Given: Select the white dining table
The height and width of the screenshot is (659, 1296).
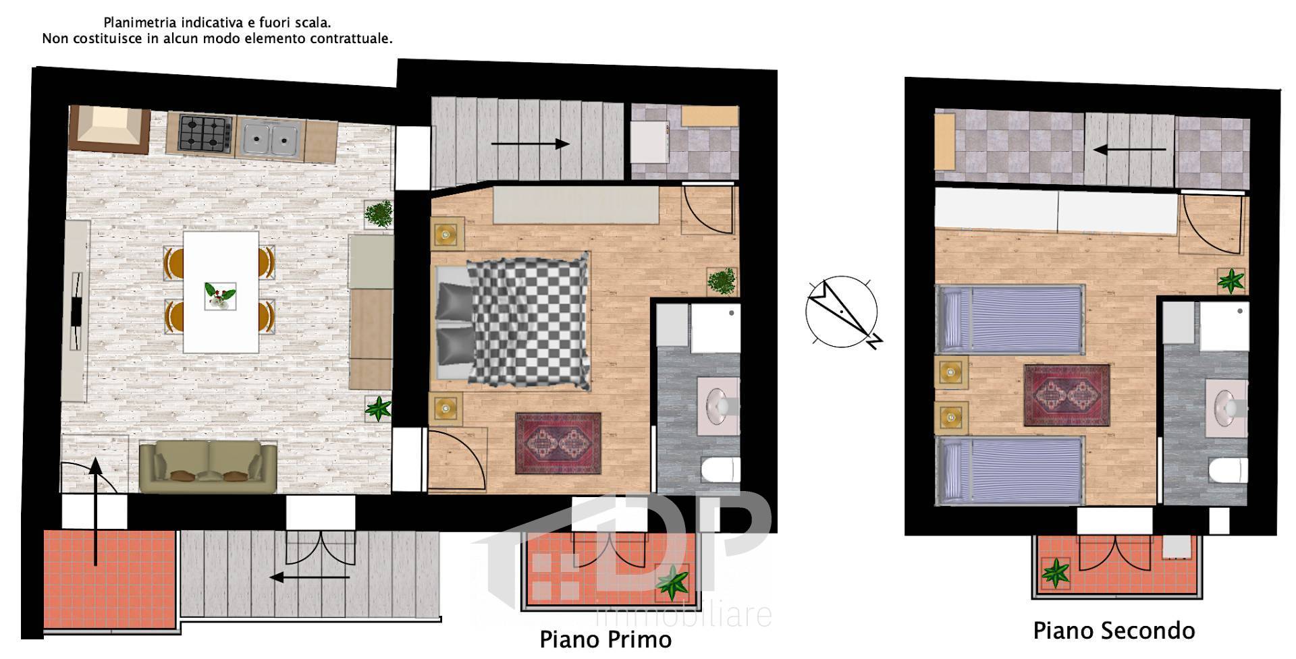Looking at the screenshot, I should coord(221,292).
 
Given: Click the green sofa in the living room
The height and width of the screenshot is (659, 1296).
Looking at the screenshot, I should coord(209,466).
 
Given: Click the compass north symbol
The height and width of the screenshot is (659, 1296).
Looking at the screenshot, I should coord(842,312).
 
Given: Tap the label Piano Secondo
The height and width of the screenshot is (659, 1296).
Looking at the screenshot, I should coord(1114,631).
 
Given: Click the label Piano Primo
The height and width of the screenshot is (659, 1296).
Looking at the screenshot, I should coord(605,639).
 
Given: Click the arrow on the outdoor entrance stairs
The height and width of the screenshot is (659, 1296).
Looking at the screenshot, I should coord(310,577).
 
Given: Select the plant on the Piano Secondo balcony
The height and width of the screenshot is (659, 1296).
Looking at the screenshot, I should coord(1055,573).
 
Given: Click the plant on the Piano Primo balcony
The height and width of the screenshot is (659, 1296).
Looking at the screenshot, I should coord(673,582).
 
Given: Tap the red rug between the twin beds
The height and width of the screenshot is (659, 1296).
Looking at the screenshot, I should coord(1066,395).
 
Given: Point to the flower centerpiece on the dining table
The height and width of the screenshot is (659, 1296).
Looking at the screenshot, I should coord(221,295).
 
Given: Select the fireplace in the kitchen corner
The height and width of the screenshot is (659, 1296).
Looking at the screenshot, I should coord(109,127).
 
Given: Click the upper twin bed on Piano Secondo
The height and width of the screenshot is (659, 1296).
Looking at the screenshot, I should coord(1009,318).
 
